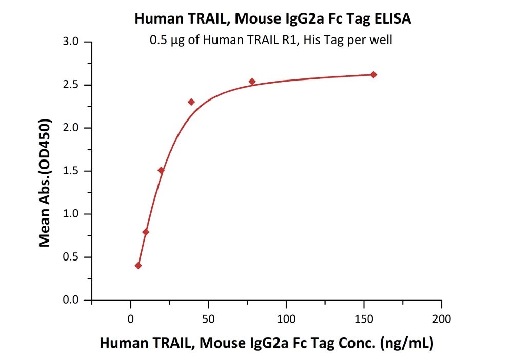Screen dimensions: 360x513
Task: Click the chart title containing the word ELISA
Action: point(272,19)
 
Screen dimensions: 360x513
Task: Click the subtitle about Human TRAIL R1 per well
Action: point(271,40)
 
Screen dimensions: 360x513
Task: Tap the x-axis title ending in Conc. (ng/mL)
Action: point(266,343)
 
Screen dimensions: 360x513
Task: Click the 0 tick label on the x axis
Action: point(131,318)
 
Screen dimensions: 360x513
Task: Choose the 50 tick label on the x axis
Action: point(208,318)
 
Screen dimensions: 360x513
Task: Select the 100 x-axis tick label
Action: point(286,318)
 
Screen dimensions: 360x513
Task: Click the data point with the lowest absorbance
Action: point(138,266)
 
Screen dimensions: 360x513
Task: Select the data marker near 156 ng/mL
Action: point(373,75)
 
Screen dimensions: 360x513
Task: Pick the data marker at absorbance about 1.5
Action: point(161,170)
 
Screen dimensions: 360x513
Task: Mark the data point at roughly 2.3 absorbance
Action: point(191,102)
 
